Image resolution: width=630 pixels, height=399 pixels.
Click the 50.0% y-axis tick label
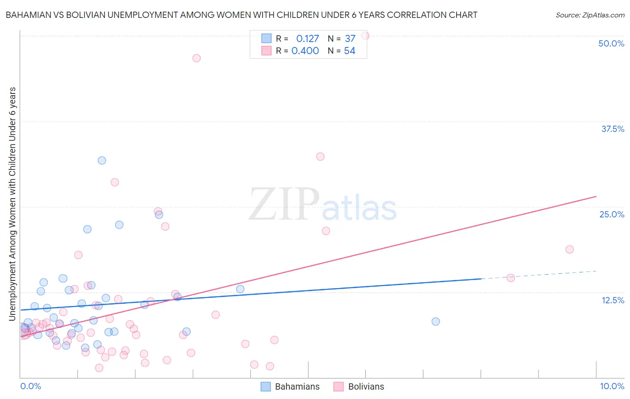611,43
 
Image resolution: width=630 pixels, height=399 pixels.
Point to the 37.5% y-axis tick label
613,129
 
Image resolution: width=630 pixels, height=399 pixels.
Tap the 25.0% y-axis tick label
612,214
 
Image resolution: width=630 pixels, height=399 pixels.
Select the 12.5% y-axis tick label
613,300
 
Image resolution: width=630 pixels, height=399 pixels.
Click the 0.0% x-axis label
30,386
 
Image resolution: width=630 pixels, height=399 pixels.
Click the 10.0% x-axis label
612,386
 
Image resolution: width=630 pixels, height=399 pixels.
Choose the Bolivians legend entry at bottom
359,386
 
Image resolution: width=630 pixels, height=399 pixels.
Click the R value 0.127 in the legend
307,39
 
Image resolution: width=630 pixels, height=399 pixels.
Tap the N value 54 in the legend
350,51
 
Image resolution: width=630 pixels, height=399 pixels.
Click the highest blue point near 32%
102,161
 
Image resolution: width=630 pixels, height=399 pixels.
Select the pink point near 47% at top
196,58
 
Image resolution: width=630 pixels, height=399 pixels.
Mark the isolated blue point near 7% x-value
436,322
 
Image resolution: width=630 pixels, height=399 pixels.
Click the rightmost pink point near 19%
570,250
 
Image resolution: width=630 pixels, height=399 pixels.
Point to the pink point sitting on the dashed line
511,278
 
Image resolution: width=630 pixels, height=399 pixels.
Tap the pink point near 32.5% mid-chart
320,157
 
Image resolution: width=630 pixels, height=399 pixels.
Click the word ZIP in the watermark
284,204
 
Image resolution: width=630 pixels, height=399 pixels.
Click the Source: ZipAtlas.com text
590,15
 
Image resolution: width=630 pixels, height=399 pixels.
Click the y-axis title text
12,204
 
